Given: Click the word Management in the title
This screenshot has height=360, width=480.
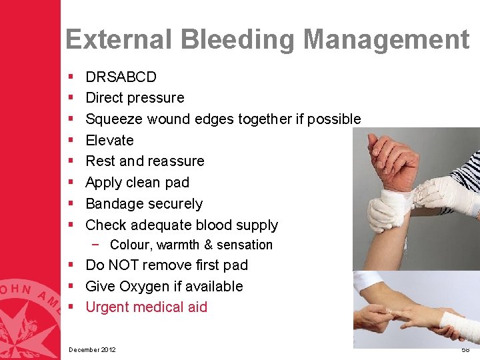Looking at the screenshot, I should [x=386, y=39].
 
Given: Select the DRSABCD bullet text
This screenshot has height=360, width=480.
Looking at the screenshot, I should [x=121, y=77].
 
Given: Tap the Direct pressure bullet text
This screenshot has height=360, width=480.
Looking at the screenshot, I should [x=135, y=98].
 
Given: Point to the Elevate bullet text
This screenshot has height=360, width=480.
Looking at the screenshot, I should [x=109, y=141].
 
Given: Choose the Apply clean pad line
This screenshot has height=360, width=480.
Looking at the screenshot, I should [x=137, y=183].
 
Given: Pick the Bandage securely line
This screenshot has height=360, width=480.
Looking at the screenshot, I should [x=144, y=204].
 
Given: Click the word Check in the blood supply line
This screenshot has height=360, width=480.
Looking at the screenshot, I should [x=106, y=225].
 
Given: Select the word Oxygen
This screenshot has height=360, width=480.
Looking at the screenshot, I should [x=149, y=287].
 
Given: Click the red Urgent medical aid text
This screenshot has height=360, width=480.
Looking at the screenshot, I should [x=146, y=307].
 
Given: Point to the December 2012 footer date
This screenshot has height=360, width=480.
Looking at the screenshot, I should [x=92, y=350].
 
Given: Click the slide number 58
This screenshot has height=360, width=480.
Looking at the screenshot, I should [x=465, y=350].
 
